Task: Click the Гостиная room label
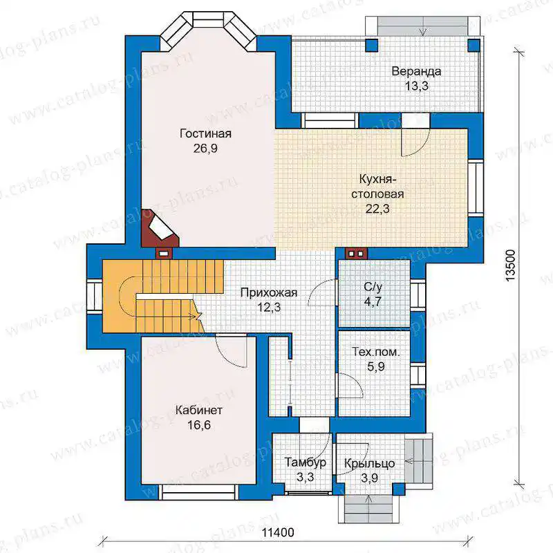click(205, 133)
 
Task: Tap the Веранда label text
click(416, 71)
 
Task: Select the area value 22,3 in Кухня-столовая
click(377, 209)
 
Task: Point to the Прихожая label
click(269, 292)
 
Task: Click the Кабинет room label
click(199, 410)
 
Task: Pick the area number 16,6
click(199, 425)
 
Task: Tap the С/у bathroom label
click(373, 287)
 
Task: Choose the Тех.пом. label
click(376, 352)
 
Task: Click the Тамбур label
click(306, 462)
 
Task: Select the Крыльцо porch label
click(369, 463)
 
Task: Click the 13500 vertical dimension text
click(510, 265)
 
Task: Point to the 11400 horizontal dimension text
click(278, 532)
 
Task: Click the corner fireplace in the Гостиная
click(160, 228)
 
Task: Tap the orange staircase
click(162, 296)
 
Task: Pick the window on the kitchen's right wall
click(476, 187)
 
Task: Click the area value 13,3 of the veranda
click(417, 86)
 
